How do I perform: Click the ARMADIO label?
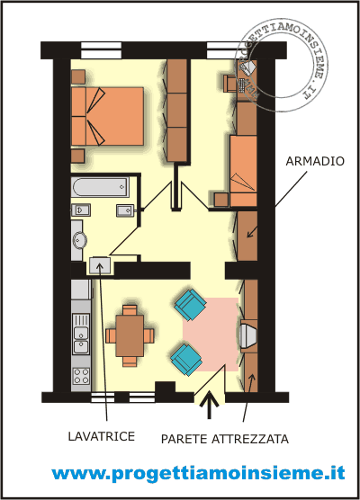coord(315,161)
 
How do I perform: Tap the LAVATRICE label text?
coord(102,436)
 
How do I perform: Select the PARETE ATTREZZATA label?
coord(225,439)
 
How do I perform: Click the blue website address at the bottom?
coord(198,473)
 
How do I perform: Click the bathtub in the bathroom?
coord(101,187)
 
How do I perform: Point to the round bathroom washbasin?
coord(80,240)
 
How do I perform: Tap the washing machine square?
coord(100,265)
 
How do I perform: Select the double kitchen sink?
coord(81,334)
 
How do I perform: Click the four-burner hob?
coord(81,376)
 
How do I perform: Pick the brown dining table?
coord(130,335)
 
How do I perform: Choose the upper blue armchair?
coord(190,305)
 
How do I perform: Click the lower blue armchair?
coord(186,360)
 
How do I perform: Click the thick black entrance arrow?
coord(210,405)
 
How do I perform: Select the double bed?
coord(107,116)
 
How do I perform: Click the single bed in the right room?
coord(243,171)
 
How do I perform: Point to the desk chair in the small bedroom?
coord(229,84)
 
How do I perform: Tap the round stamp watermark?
coord(281,65)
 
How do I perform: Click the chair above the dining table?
coord(130,310)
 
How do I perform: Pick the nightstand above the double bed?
coord(78,76)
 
